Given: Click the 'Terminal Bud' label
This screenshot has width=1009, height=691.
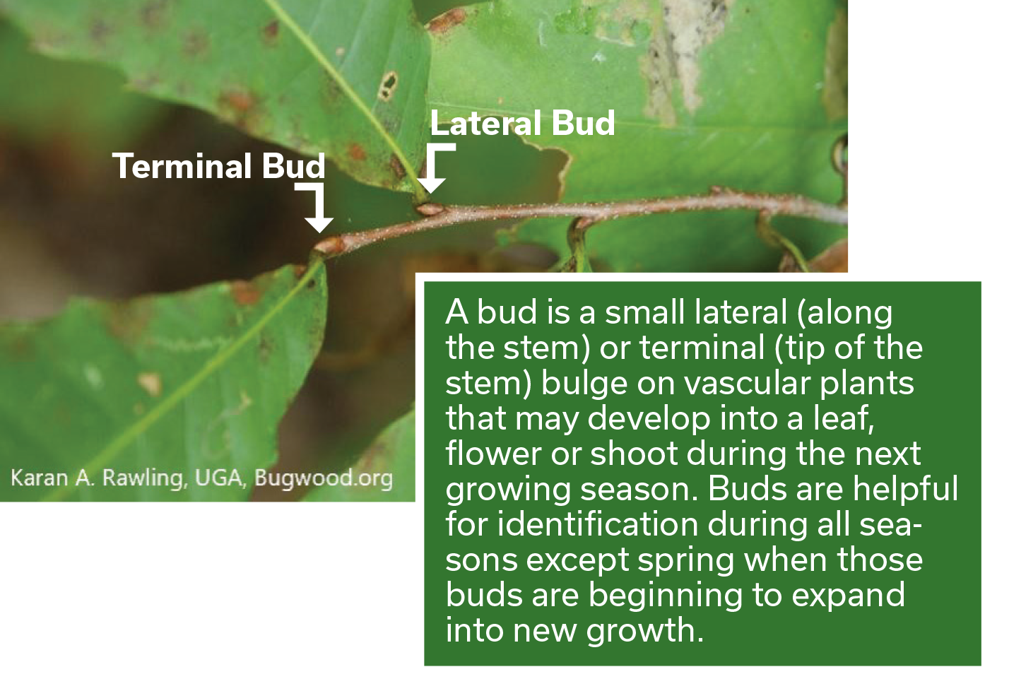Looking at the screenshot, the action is [x=220, y=166].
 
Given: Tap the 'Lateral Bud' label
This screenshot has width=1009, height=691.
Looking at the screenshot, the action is [x=523, y=122].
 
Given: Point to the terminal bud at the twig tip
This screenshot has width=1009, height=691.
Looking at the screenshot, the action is [x=329, y=247].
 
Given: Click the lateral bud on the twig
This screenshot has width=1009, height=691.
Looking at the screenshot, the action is [x=430, y=209].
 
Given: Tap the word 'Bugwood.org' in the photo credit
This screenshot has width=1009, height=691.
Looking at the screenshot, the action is [x=324, y=478].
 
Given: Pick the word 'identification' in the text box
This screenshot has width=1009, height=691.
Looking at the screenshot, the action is [x=597, y=524].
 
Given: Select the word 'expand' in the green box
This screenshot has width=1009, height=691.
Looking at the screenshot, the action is [x=848, y=596].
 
